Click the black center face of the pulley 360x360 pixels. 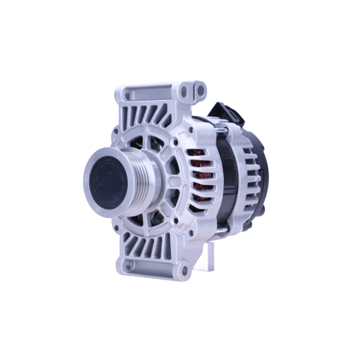pyautogui.click(x=108, y=183)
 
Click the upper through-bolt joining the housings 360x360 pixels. pyautogui.click(x=222, y=130)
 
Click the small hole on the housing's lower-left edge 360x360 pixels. pyautogui.click(x=116, y=228)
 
